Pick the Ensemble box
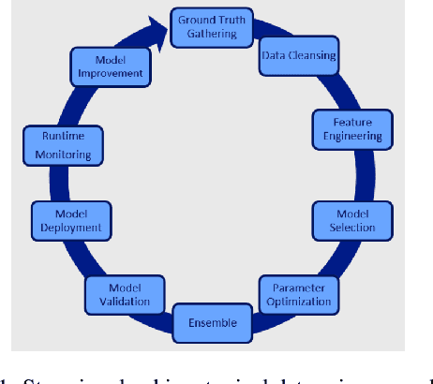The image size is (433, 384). [212, 324]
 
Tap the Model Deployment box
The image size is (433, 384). [66, 219]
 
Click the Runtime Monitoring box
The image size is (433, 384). [60, 140]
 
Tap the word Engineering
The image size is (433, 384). [346, 136]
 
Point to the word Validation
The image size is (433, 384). [125, 301]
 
